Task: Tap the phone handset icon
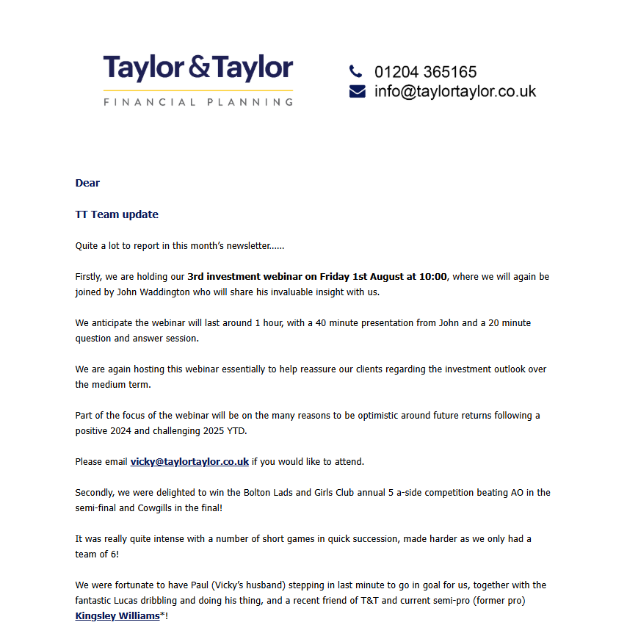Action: coord(356,71)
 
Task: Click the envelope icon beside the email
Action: coord(357,92)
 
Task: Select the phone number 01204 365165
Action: coord(425,72)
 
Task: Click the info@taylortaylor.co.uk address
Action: coord(454,92)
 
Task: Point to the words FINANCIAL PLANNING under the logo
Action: coord(198,102)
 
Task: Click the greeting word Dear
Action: coord(87,183)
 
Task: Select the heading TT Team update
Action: coord(117,214)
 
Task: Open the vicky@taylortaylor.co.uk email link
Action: coord(189,462)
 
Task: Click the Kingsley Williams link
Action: coord(117,616)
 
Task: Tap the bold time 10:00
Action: coord(432,277)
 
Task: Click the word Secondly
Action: coord(95,493)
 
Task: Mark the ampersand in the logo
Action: coord(198,68)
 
